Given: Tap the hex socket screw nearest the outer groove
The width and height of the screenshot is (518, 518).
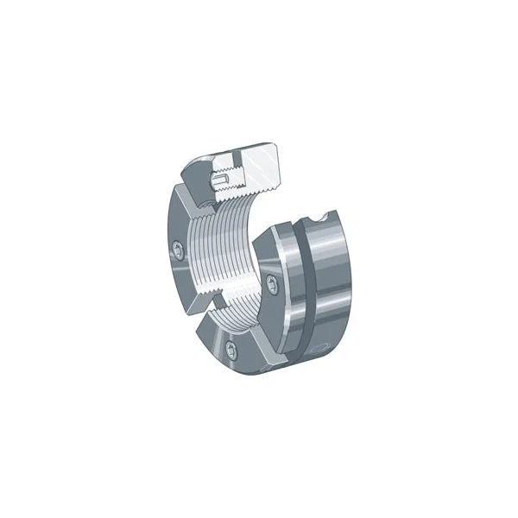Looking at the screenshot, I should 274,286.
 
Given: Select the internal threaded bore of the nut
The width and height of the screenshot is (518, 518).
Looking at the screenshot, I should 229,259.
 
